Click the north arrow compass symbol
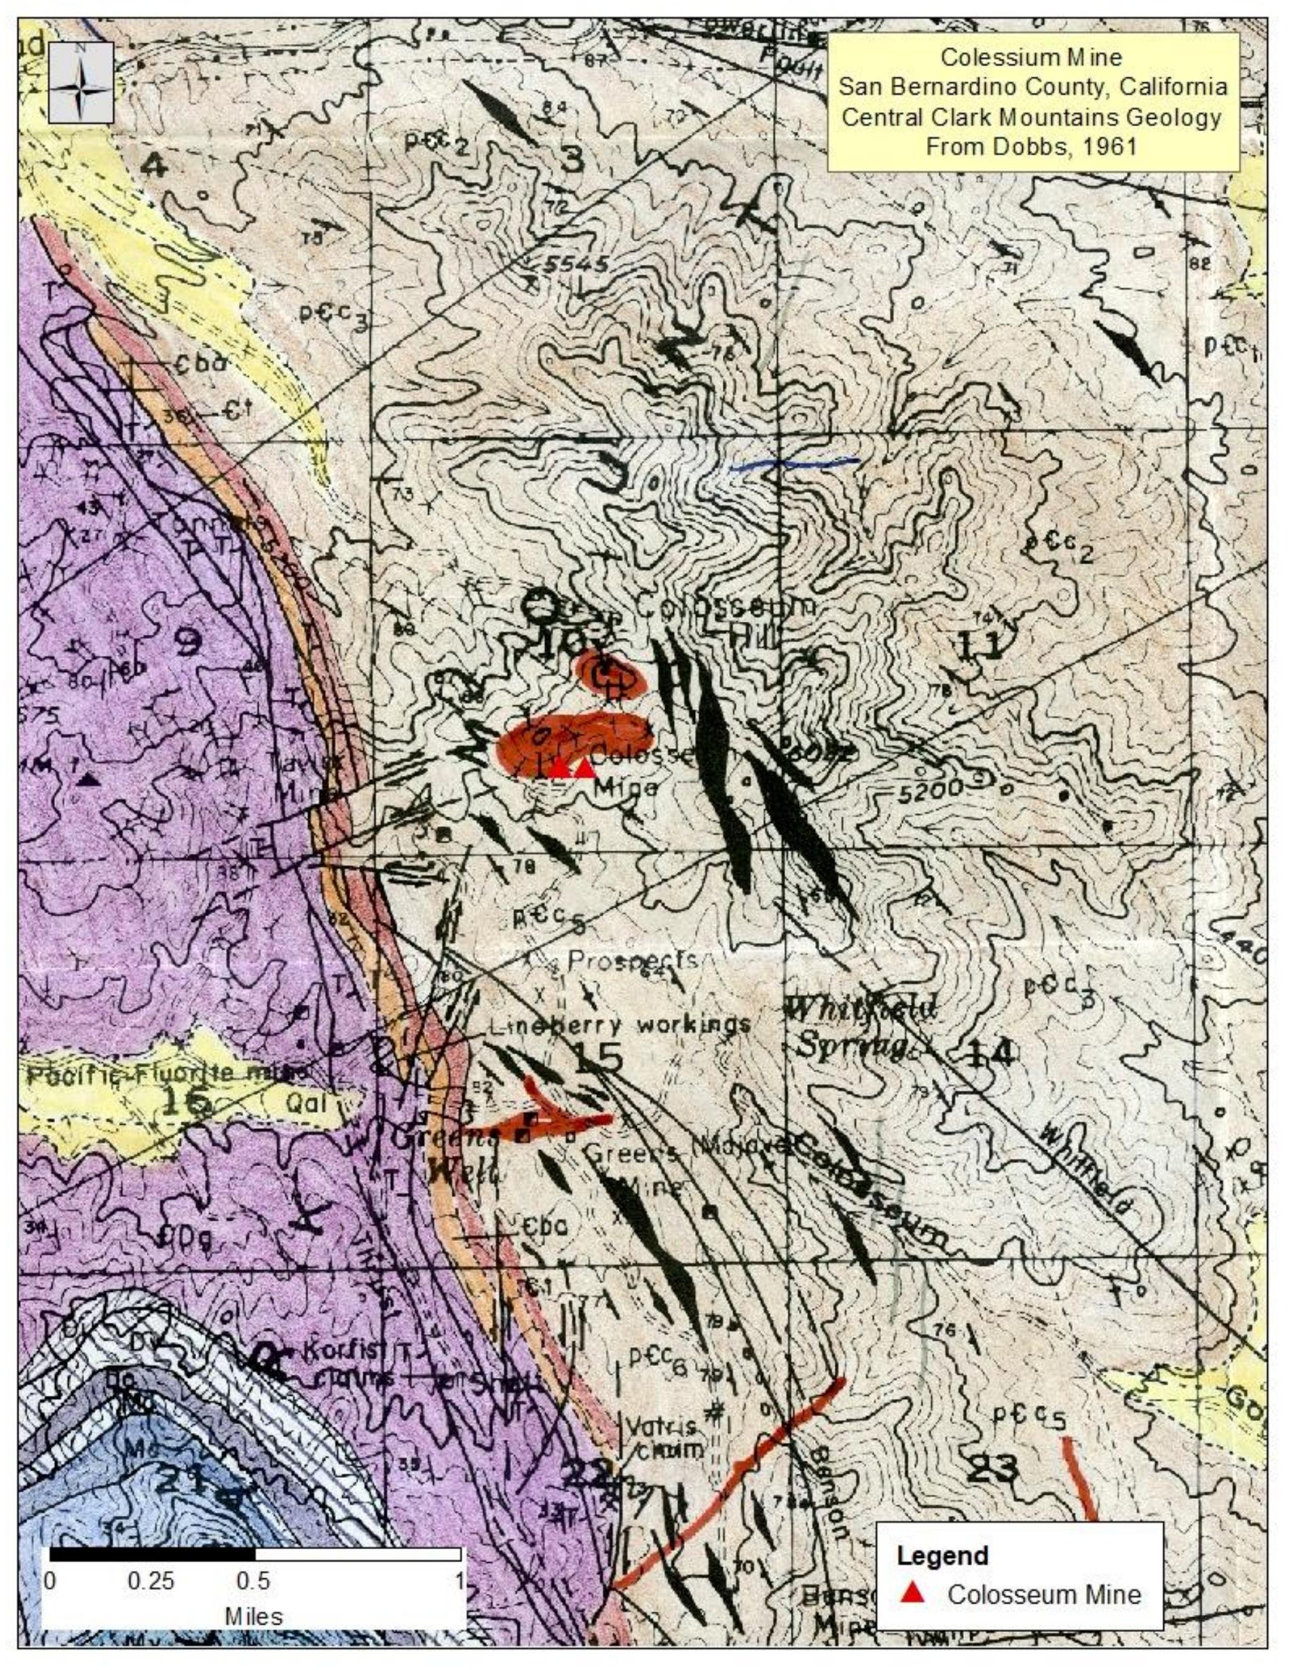click(80, 83)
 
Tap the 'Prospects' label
click(631, 961)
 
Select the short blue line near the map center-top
click(793, 462)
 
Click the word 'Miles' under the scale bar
click(253, 1616)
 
